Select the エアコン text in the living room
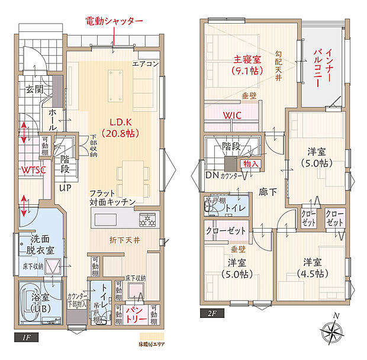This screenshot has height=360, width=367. (144, 64)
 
